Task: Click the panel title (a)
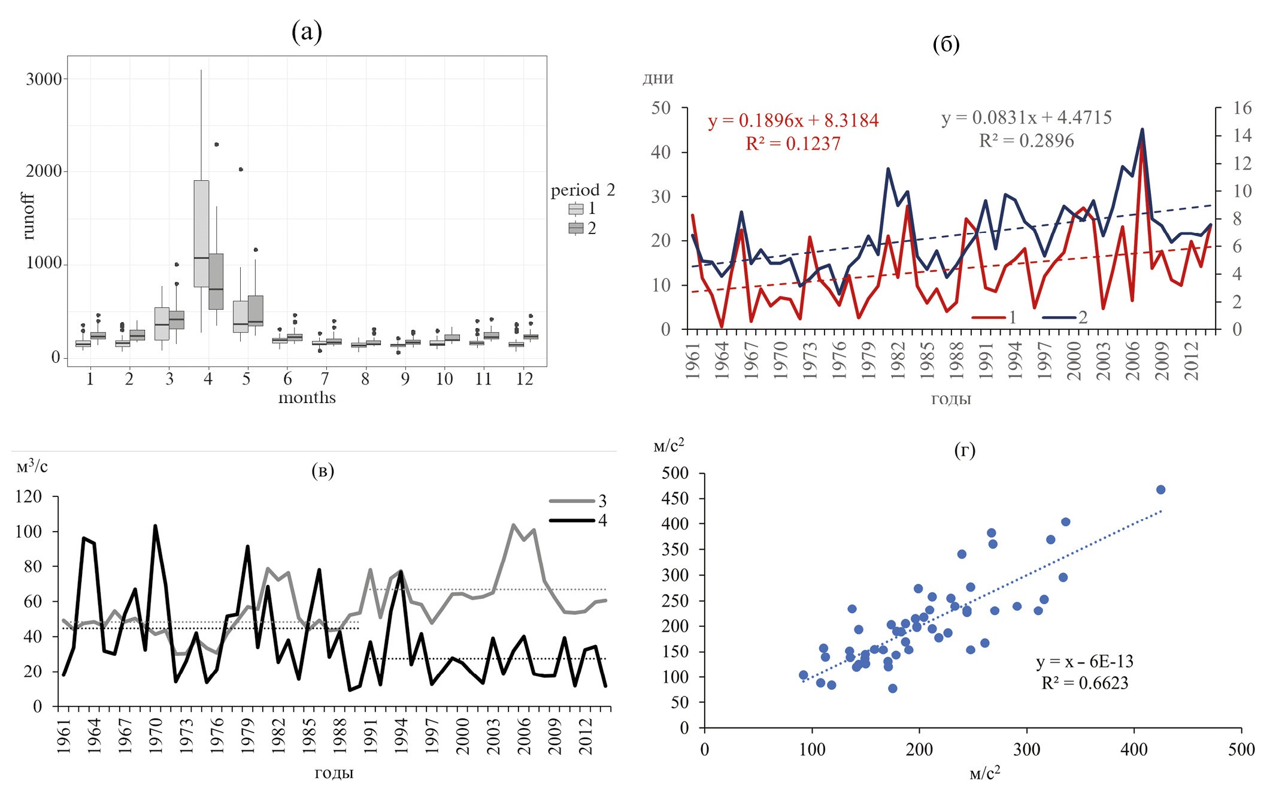coord(307,32)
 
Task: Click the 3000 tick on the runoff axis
coord(44,79)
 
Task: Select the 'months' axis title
coord(307,398)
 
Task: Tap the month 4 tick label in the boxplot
coord(208,379)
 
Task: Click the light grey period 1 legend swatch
coord(575,208)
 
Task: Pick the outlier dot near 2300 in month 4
coord(217,144)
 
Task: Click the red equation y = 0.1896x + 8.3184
coord(793,120)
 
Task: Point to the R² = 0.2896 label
coord(1026,141)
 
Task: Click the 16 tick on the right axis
coord(1242,108)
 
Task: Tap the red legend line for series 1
coord(988,317)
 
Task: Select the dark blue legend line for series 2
coord(1059,317)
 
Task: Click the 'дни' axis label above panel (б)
coord(657,78)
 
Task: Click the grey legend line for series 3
coord(572,501)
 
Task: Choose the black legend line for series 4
coord(572,520)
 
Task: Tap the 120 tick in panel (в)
coord(29,496)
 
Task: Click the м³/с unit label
coord(32,466)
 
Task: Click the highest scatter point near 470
coord(1160,490)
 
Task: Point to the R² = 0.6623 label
coord(1084,683)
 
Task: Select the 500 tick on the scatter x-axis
coord(1241,749)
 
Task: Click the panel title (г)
coord(964,450)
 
